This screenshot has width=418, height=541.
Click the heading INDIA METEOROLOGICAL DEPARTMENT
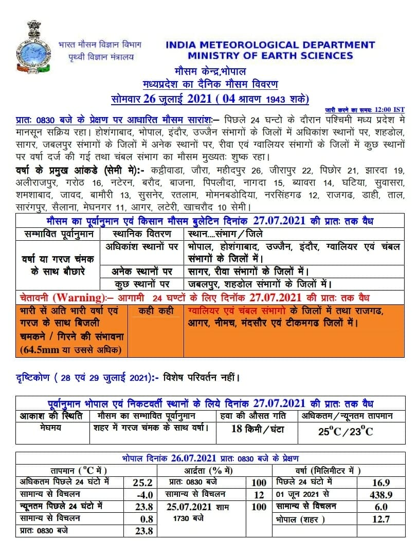(270, 45)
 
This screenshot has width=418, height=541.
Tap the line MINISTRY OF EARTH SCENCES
(270, 56)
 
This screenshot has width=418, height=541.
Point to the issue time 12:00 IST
(389, 110)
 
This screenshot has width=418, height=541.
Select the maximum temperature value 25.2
(142, 482)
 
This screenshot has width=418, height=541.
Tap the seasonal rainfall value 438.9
(380, 495)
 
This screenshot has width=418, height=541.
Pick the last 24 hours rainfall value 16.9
(380, 482)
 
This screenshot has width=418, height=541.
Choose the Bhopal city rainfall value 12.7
(380, 519)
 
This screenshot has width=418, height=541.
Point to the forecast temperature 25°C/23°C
(346, 431)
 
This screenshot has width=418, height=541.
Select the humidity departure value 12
(259, 495)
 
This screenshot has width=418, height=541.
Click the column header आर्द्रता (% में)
(209, 470)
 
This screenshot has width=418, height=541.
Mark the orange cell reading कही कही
(153, 311)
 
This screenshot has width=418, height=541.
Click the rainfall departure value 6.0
(380, 507)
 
